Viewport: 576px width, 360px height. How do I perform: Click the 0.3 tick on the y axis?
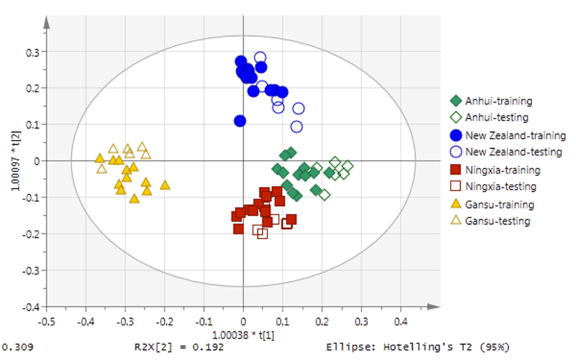click(31, 51)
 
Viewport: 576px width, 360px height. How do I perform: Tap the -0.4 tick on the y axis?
click(30, 307)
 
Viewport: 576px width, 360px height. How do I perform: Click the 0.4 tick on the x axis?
click(401, 322)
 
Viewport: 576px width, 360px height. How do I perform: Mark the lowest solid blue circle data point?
click(240, 121)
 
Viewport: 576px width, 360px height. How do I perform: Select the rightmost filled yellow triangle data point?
click(165, 185)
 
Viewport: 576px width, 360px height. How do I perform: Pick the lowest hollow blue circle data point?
click(297, 127)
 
